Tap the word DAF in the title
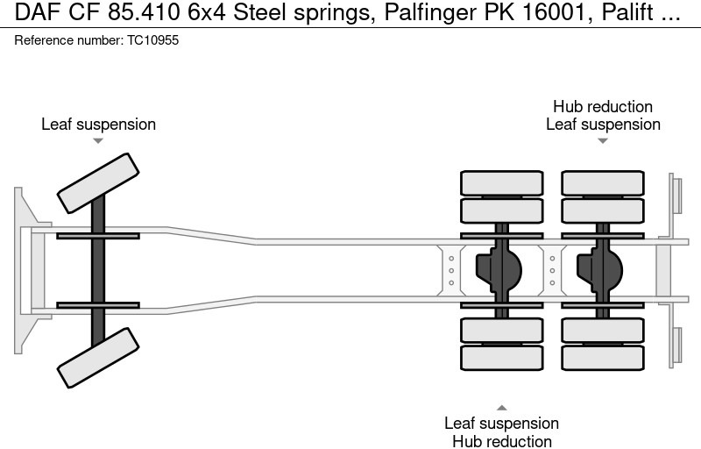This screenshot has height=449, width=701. click(32, 13)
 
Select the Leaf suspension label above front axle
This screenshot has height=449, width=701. click(98, 125)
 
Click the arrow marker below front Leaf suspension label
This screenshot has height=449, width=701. click(98, 140)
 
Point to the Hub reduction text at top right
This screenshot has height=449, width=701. click(603, 107)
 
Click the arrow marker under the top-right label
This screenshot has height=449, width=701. click(603, 140)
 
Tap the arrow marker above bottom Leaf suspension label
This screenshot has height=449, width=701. click(501, 407)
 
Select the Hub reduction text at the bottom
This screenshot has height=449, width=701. click(501, 441)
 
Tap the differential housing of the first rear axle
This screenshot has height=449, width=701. click(499, 269)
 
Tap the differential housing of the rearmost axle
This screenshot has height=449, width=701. click(601, 269)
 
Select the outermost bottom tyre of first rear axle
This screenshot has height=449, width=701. click(501, 357)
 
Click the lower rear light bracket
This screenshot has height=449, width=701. click(676, 346)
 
